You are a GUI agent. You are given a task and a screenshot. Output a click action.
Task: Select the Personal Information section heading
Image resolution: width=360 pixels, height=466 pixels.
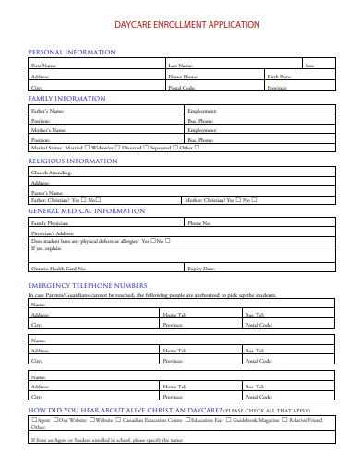click(72, 53)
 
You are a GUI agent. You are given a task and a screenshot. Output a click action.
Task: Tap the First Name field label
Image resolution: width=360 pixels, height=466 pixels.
click(44, 66)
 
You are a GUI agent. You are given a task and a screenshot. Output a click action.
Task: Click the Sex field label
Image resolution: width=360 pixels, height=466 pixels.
click(309, 66)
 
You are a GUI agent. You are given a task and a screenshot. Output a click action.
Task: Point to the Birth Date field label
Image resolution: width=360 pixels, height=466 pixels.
click(280, 76)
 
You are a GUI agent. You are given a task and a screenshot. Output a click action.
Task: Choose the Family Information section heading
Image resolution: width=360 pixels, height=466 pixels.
click(66, 98)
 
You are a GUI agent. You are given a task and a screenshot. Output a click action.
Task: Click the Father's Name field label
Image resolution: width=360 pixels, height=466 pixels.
click(48, 111)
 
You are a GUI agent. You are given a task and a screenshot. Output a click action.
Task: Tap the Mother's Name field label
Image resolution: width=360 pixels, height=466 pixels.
click(49, 130)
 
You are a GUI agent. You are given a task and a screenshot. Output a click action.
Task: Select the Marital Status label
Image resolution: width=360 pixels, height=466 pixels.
click(47, 148)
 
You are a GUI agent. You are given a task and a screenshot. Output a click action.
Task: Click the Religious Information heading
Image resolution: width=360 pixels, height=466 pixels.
click(74, 161)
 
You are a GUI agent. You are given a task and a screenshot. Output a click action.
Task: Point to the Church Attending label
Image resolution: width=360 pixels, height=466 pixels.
click(50, 173)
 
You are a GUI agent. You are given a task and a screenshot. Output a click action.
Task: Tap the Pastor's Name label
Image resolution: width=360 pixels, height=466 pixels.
click(46, 191)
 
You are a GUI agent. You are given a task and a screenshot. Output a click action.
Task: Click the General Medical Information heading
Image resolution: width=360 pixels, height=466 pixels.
click(87, 211)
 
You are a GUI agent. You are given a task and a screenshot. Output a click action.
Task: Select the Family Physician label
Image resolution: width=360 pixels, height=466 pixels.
click(50, 223)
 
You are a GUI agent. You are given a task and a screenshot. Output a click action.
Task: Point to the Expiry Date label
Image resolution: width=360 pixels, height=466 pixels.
click(201, 268)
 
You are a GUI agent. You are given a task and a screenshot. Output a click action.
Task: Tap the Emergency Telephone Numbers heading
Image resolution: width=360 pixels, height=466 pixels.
click(88, 286)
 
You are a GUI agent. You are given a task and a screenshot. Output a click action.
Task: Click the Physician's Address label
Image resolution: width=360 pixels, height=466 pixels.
click(52, 233)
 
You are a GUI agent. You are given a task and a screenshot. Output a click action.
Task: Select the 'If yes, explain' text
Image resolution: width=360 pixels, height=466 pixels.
click(44, 248)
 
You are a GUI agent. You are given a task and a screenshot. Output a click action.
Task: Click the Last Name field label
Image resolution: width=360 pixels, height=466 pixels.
click(180, 66)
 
